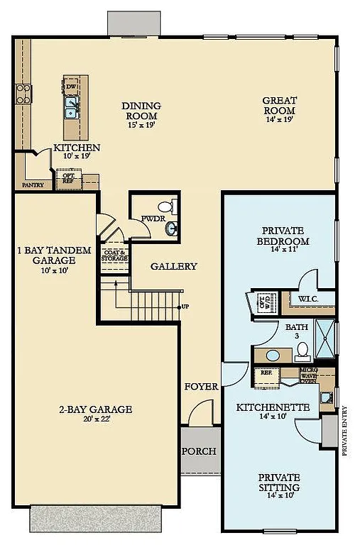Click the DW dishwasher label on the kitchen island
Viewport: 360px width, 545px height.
[x=71, y=87]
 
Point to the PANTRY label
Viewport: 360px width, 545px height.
[x=33, y=185]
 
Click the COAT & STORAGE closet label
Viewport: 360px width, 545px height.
[x=114, y=255]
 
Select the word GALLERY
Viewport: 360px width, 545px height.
[x=174, y=266]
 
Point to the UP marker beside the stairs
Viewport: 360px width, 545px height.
[x=186, y=307]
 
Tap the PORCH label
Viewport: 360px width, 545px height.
[x=199, y=451]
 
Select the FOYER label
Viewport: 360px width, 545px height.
[x=202, y=387]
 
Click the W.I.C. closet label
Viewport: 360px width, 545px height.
[x=308, y=298]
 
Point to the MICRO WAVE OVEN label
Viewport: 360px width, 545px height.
[x=307, y=375]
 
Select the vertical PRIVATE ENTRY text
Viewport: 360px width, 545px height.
[x=346, y=429]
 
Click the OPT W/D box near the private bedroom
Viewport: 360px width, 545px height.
[x=263, y=302]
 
